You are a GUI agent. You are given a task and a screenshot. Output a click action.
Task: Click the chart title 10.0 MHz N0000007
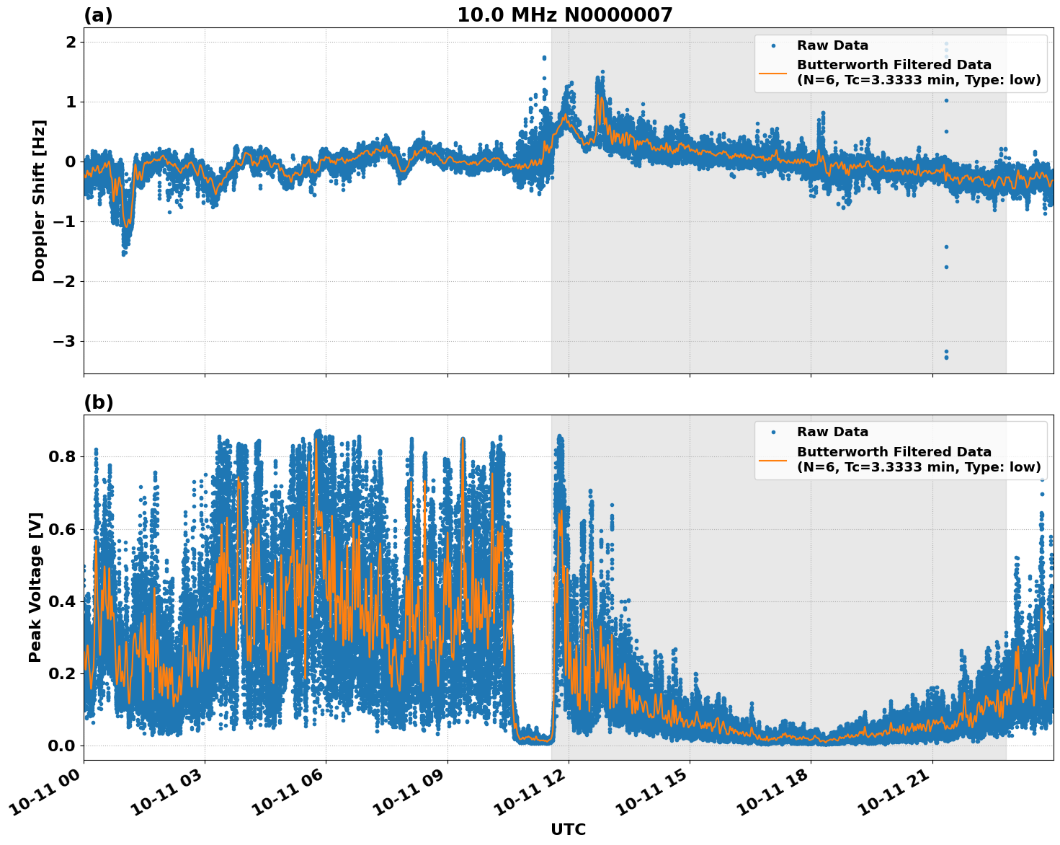coord(564,15)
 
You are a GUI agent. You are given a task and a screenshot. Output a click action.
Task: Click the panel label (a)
coord(98,15)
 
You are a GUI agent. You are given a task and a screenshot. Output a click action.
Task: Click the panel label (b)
coord(98,402)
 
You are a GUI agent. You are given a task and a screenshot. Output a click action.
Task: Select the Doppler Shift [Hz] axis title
coord(39,200)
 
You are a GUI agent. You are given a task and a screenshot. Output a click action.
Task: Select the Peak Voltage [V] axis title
coord(35,587)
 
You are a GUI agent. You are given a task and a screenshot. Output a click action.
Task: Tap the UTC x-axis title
coord(568,829)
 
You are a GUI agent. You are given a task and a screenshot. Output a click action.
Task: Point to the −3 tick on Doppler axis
coord(64,341)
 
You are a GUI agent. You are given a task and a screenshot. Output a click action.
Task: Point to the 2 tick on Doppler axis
coord(71,43)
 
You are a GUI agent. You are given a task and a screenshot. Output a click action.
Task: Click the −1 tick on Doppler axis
coord(64,221)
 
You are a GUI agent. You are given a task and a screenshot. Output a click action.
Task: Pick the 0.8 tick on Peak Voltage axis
coord(62,457)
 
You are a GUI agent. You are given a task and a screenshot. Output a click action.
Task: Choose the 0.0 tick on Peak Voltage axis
coord(62,746)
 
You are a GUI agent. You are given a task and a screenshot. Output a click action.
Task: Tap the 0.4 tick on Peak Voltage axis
coord(62,601)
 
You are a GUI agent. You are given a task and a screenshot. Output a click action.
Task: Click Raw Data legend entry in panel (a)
coord(832,45)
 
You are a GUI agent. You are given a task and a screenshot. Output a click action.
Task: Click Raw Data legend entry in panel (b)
coord(832,432)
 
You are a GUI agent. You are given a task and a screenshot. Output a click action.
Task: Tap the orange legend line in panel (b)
coord(772,459)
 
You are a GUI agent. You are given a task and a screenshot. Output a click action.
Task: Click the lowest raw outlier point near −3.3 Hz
coord(946,358)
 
